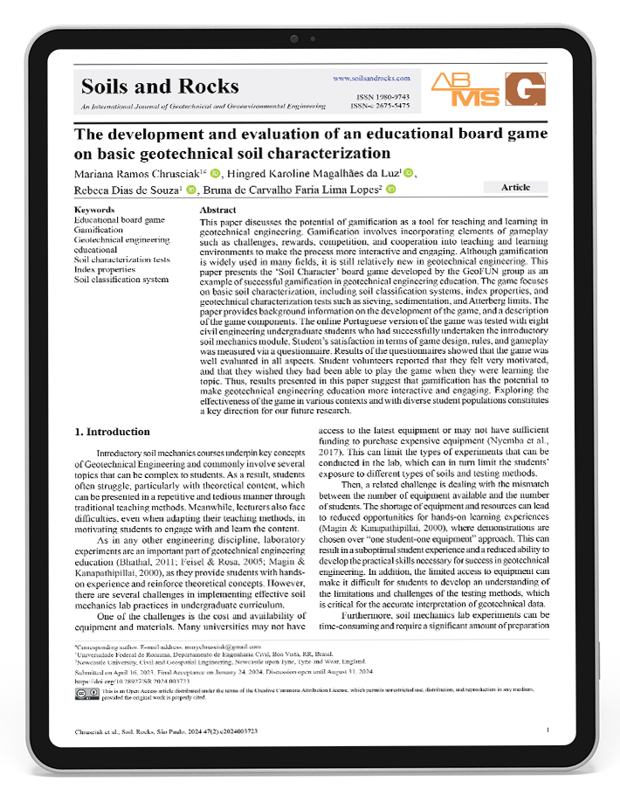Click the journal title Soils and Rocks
tap(160, 86)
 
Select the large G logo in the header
tap(524, 90)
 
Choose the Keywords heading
tap(94, 211)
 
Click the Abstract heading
tap(217, 211)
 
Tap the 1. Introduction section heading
tap(112, 432)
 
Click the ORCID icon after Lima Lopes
tap(391, 190)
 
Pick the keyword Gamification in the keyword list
tap(99, 230)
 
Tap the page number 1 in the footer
tap(547, 730)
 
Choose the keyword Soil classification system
tap(121, 280)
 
